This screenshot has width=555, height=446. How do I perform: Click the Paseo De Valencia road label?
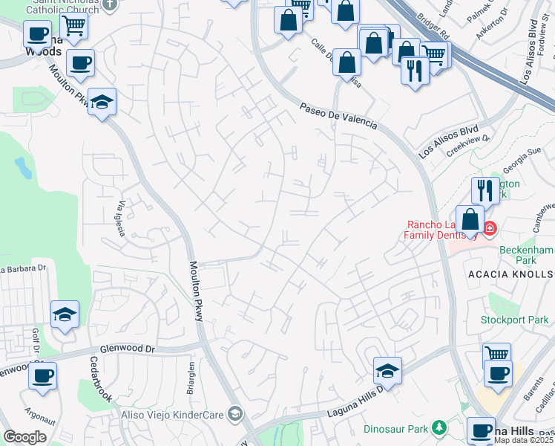[x=338, y=117]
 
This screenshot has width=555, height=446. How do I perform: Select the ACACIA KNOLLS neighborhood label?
[x=510, y=274]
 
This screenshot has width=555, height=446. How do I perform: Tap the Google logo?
[x=24, y=437]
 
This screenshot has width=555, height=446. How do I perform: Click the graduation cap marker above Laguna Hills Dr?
[x=387, y=370]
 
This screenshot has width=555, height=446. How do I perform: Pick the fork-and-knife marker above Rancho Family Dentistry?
[x=485, y=190]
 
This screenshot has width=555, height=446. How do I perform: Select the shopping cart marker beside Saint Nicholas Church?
[x=73, y=26]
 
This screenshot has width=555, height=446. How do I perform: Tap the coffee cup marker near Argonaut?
[x=42, y=375]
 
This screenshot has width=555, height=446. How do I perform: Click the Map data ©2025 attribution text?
[x=523, y=440]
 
